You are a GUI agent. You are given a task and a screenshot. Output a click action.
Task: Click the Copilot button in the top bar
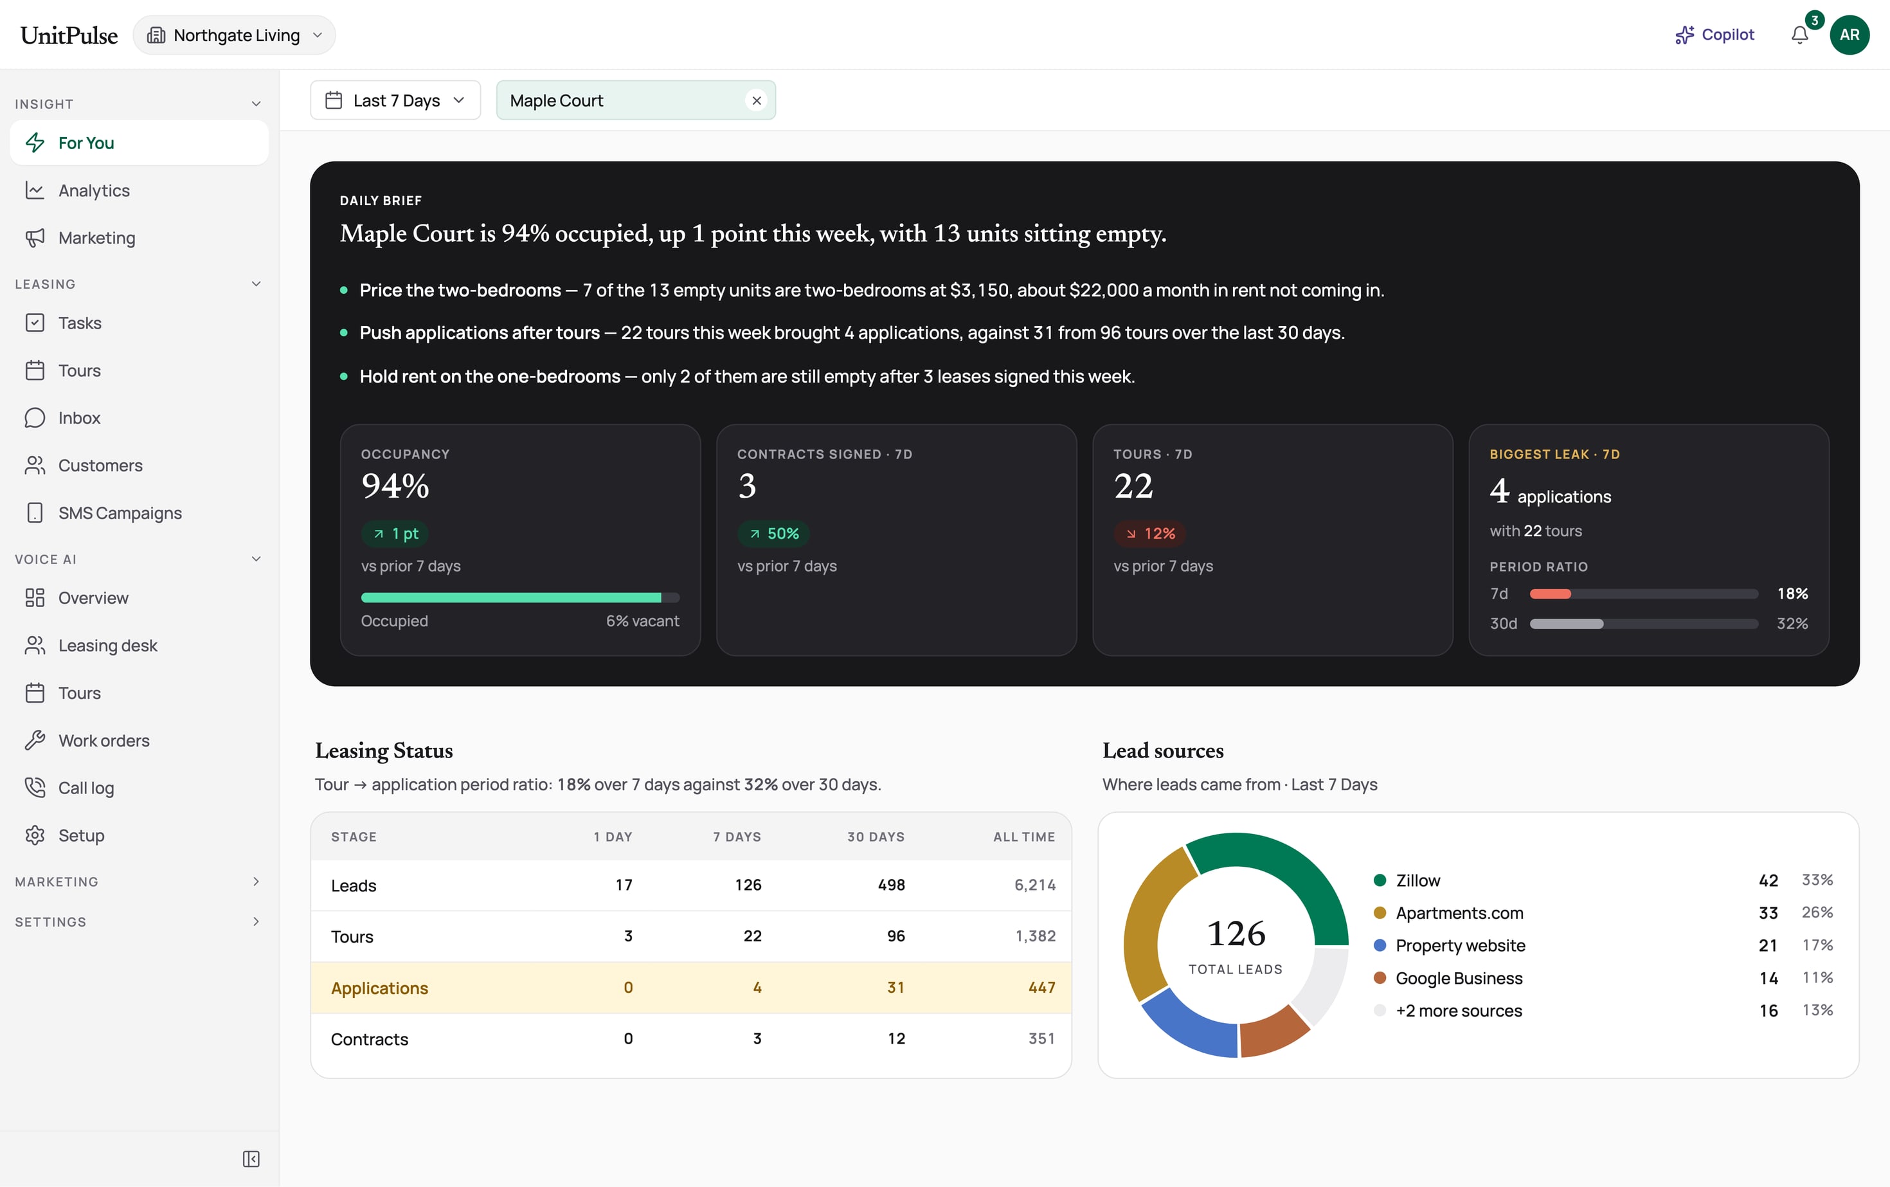(1715, 35)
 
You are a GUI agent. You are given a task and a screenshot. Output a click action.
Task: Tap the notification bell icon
(1800, 35)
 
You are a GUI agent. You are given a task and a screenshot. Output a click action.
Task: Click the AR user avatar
(1850, 35)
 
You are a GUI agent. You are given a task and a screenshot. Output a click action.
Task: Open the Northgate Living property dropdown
(234, 35)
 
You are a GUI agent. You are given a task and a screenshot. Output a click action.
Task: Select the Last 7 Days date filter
(395, 100)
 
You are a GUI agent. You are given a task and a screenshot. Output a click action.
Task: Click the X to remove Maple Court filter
(757, 100)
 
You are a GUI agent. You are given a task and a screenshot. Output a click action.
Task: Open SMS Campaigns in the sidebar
(120, 512)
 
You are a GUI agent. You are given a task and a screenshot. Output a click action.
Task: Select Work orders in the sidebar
(104, 740)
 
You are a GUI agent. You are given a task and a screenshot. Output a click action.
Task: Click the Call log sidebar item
(86, 788)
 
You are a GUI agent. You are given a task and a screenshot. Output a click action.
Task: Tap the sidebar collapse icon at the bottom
(251, 1159)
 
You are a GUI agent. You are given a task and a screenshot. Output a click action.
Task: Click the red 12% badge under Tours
(1150, 534)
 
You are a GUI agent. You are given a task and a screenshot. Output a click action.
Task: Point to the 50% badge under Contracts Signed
(773, 534)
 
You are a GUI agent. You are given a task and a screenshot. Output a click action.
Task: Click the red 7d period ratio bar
(1550, 593)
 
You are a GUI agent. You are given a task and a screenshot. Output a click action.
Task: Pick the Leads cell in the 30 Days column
(891, 885)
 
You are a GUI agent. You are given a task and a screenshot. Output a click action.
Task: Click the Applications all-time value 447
(1041, 988)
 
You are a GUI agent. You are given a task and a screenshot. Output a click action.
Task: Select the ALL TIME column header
(1023, 837)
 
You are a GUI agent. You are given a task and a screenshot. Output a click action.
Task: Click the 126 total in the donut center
(1236, 934)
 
